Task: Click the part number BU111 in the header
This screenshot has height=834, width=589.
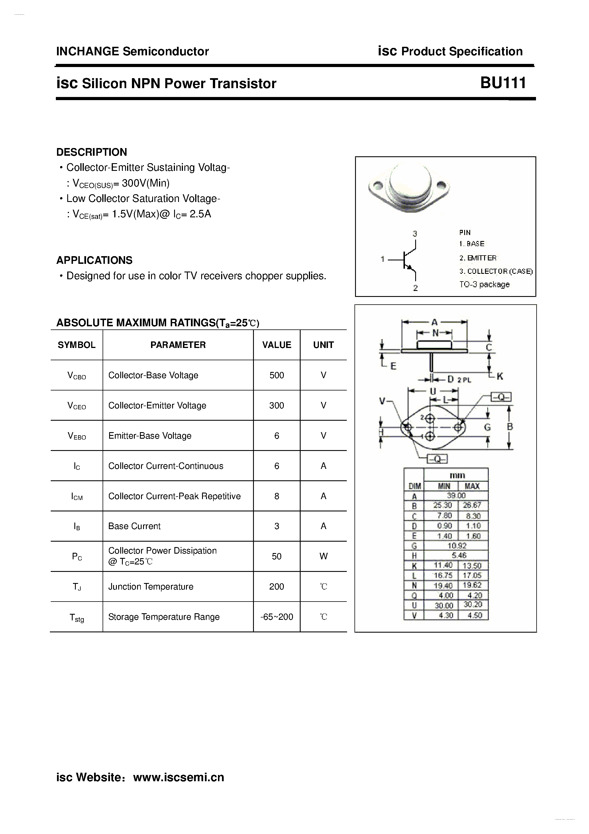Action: (x=503, y=83)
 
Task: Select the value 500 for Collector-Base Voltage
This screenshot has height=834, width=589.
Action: (x=276, y=375)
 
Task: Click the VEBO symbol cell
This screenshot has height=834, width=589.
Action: (x=77, y=436)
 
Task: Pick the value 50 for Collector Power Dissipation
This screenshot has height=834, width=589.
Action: (x=276, y=556)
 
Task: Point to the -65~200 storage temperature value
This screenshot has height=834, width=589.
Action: (x=276, y=616)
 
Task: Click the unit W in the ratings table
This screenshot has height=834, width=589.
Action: (x=323, y=556)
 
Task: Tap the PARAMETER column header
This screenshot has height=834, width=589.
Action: (x=178, y=345)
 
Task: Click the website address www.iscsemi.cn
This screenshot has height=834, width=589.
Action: (x=179, y=777)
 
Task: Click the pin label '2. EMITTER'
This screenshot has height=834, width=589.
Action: (x=478, y=258)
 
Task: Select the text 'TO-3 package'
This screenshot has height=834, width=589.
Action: (x=484, y=284)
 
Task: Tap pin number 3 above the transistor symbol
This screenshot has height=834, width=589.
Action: (x=415, y=234)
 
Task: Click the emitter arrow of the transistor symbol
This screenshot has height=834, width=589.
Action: (x=410, y=268)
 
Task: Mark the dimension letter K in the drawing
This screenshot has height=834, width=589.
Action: (x=500, y=376)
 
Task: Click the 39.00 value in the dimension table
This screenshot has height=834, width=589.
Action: (x=456, y=495)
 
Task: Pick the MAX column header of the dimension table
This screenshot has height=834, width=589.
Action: (x=472, y=486)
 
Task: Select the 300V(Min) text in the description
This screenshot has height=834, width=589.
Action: (x=146, y=183)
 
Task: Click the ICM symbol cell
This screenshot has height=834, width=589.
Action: (x=77, y=496)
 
